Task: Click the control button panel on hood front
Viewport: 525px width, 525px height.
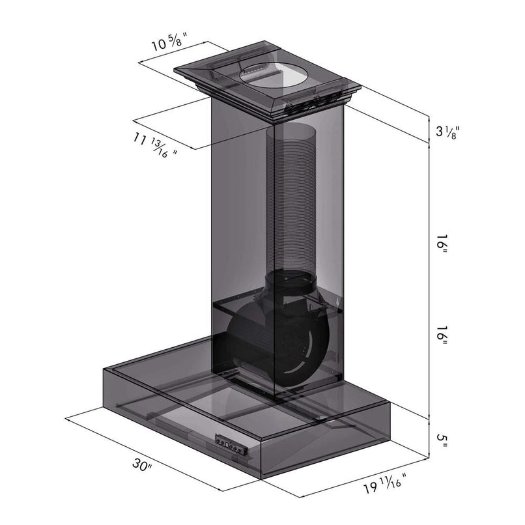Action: pos(233,447)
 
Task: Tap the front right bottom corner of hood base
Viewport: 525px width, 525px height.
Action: pos(262,479)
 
